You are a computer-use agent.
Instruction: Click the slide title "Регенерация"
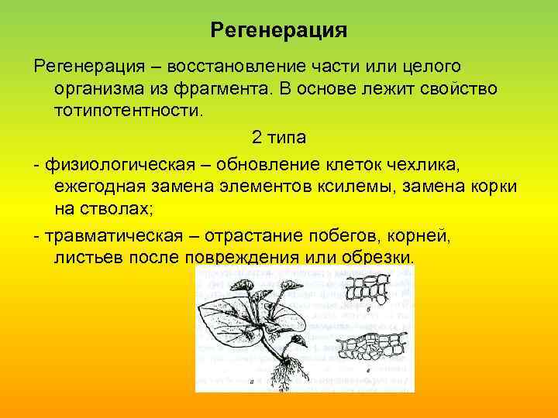278,31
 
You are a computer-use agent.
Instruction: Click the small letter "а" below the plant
252,382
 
